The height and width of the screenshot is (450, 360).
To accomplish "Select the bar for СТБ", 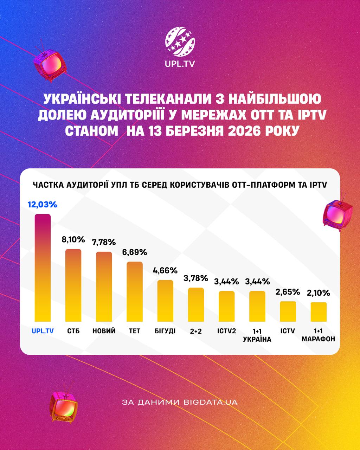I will pos(73,285).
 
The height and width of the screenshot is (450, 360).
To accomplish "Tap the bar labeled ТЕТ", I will pos(135,291).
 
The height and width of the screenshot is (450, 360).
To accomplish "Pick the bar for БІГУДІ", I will pos(165,301).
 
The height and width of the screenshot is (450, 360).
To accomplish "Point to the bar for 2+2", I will pos(196,304).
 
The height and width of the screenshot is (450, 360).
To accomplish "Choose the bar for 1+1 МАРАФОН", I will pos(319,312).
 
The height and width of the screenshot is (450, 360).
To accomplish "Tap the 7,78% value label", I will pos(104,242).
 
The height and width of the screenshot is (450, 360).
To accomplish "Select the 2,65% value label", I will pos(288,292).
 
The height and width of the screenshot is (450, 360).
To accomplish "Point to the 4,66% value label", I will pos(165,270).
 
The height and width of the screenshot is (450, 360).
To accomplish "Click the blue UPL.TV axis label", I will pos(43,331).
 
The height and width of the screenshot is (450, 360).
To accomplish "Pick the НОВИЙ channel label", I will pos(104,331).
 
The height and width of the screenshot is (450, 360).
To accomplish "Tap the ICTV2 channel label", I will pos(226,331).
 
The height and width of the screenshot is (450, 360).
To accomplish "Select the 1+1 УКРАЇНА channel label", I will pos(257,335).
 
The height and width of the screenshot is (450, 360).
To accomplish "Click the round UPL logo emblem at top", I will pos(180,43).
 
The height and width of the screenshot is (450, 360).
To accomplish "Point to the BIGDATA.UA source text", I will pos(211,402).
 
